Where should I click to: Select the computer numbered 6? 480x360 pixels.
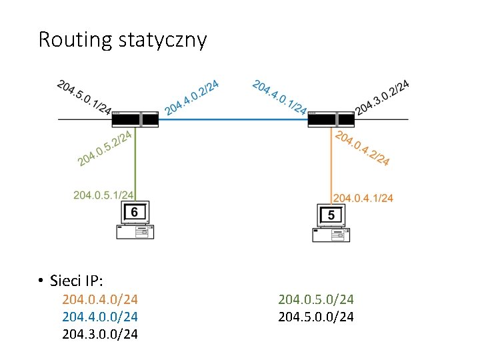[135, 220]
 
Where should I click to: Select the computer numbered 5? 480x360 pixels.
[331, 223]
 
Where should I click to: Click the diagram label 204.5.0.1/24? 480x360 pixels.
[84, 97]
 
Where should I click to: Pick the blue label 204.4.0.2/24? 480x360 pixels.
[193, 97]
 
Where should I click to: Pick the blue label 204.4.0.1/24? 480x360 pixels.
[280, 97]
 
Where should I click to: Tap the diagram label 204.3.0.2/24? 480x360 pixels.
[382, 97]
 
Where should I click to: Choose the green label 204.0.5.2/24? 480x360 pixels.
[105, 148]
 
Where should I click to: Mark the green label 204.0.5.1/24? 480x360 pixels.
[103, 195]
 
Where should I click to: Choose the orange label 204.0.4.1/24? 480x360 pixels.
[363, 198]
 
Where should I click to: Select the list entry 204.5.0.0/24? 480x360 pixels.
[316, 316]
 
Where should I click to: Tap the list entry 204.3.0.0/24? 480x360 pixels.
[100, 333]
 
